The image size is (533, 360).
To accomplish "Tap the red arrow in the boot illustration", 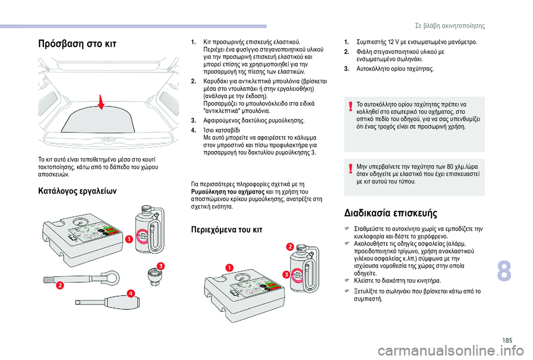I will [x=102, y=103].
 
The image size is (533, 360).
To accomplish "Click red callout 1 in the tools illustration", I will [x=128, y=239].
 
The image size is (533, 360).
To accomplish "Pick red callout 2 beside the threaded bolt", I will [x=59, y=285].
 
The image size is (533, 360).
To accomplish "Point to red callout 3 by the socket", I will [x=160, y=266].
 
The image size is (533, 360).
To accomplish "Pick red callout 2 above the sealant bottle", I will [x=289, y=246].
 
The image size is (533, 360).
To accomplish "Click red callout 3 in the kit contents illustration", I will [x=286, y=275].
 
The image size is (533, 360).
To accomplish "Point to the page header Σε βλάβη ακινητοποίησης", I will [x=450, y=26].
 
